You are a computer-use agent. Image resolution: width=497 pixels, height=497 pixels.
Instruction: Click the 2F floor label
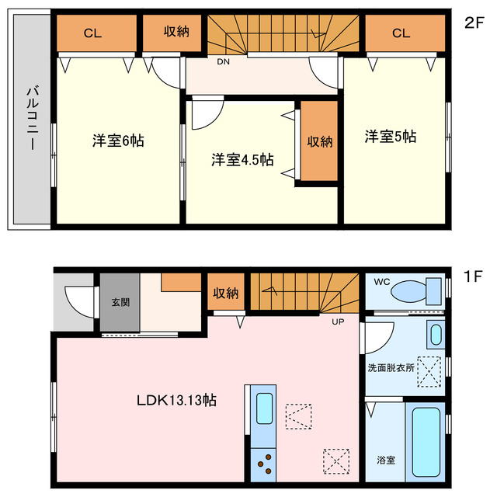[x=474, y=23]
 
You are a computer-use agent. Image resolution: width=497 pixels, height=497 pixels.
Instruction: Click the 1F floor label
[x=473, y=276]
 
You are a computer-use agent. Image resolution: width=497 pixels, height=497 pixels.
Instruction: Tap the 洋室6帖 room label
[x=118, y=141]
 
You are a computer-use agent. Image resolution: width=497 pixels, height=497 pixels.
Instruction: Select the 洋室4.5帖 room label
[x=242, y=160]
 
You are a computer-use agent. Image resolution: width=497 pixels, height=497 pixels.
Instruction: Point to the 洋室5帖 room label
[x=391, y=137]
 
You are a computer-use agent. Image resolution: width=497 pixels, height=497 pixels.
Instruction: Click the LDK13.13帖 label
[x=176, y=401]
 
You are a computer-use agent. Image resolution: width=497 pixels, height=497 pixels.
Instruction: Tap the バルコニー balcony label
[x=33, y=118]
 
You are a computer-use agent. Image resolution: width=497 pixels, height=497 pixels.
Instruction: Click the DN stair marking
[x=223, y=62]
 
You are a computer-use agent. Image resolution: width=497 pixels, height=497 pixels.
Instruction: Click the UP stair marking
[x=338, y=321]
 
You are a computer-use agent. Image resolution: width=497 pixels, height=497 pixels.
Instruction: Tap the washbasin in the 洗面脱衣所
[x=436, y=335]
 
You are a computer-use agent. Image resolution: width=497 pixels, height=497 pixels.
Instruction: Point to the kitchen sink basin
[x=264, y=408]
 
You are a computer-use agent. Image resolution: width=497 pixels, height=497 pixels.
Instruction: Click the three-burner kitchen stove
[x=263, y=465]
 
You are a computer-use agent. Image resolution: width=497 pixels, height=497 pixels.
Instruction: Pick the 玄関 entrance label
[x=120, y=302]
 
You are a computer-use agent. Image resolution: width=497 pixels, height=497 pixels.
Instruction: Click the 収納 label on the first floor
[x=226, y=294]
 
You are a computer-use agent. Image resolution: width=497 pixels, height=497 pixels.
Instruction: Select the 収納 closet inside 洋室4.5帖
[x=319, y=141]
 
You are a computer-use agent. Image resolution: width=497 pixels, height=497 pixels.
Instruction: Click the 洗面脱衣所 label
[x=391, y=367]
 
